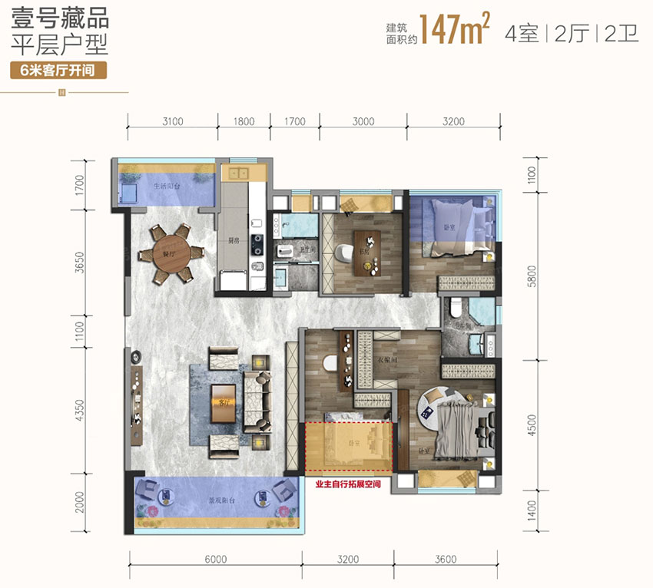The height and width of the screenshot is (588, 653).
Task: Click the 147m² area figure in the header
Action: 456,31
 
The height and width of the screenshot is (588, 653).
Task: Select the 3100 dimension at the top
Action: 172,121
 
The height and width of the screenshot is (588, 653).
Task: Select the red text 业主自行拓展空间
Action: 347,484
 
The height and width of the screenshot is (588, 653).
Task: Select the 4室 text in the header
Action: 522,34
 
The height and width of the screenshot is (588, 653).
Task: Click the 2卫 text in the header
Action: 622,34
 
